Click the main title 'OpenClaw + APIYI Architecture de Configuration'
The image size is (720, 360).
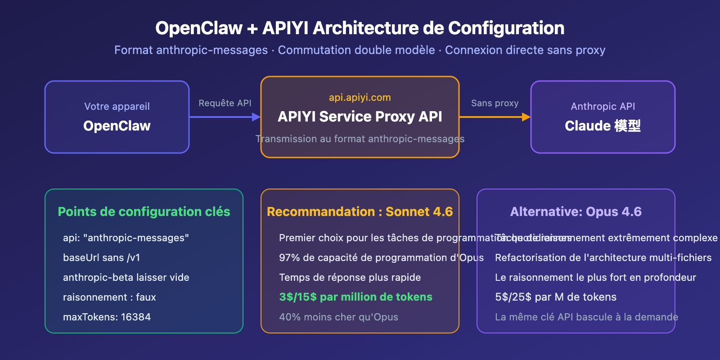pyautogui.click(x=360, y=28)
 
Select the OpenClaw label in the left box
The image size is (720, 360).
pyautogui.click(x=117, y=126)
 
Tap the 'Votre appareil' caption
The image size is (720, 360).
pyautogui.click(x=117, y=106)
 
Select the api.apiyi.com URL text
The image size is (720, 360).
pyautogui.click(x=360, y=97)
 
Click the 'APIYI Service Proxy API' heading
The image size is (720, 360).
pyautogui.click(x=360, y=117)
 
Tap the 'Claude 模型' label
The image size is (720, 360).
pyautogui.click(x=603, y=126)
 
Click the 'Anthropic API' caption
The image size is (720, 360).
pyautogui.click(x=603, y=106)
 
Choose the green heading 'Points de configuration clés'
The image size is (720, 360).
pyautogui.click(x=144, y=211)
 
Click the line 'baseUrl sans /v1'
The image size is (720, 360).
pyautogui.click(x=102, y=257)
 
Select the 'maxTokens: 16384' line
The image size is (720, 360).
pyautogui.click(x=107, y=317)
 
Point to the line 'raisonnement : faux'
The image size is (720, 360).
pyautogui.click(x=109, y=297)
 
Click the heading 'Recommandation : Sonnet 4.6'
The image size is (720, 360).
pyautogui.click(x=360, y=211)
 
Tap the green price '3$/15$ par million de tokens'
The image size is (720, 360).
pyautogui.click(x=355, y=297)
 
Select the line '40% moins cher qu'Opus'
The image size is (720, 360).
pyautogui.click(x=338, y=317)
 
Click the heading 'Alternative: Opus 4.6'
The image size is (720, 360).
pyautogui.click(x=576, y=211)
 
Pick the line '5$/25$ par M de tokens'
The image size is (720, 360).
pyautogui.click(x=556, y=297)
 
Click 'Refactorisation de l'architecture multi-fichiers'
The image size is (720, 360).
pyautogui.click(x=603, y=257)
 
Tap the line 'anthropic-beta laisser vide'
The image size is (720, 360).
pyautogui.click(x=126, y=277)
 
